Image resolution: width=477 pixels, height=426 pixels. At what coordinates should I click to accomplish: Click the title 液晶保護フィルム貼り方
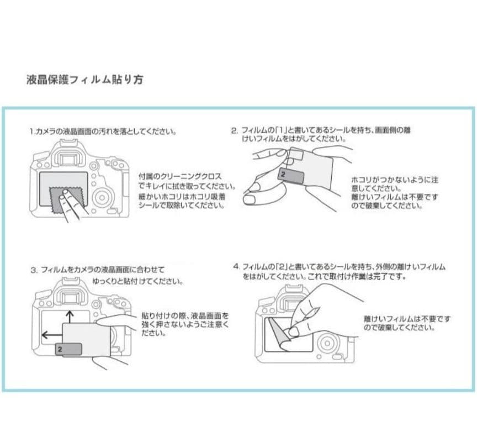click(x=84, y=80)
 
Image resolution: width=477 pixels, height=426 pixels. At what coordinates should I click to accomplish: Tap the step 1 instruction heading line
click(x=103, y=132)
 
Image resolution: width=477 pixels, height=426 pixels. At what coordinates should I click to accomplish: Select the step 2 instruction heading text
click(x=320, y=134)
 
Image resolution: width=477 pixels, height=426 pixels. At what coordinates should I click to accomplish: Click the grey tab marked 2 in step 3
click(x=69, y=349)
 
